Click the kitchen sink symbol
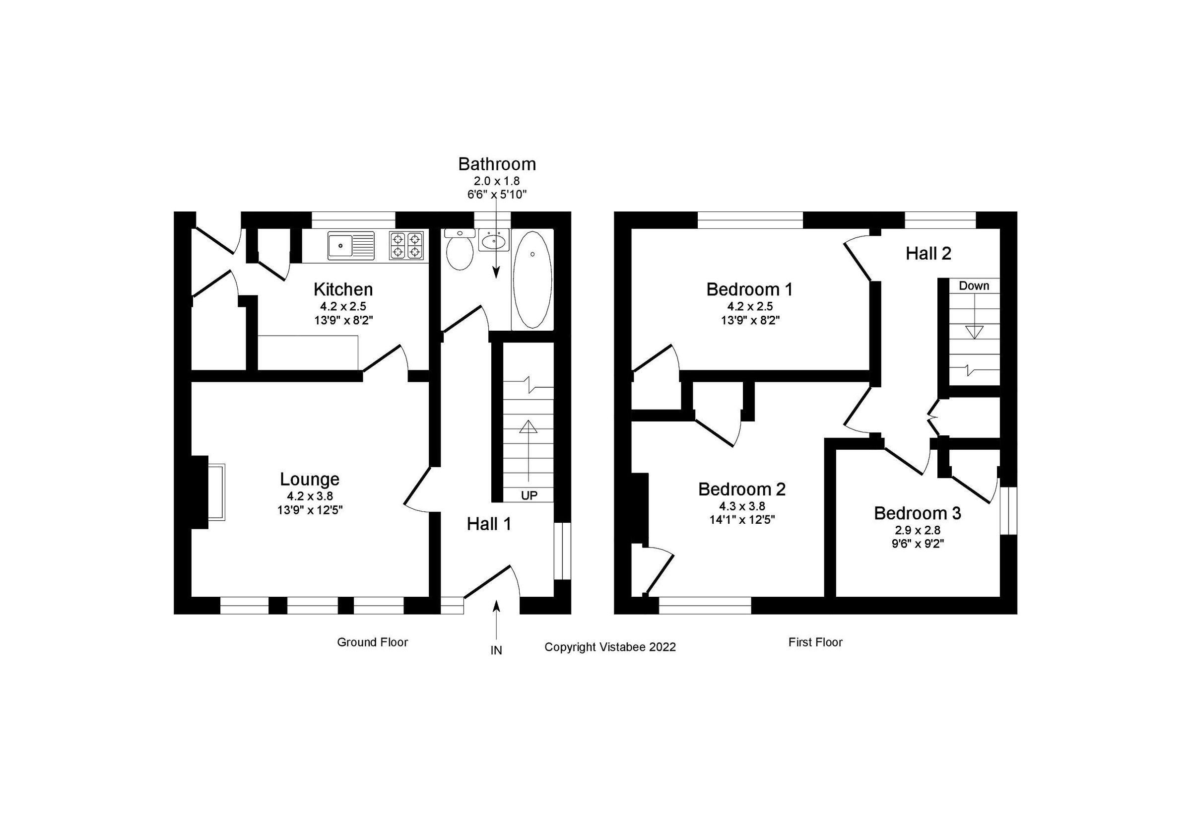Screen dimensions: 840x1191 point(351,245)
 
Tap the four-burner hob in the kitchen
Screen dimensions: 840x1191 point(407,245)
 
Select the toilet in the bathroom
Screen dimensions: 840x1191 point(459,252)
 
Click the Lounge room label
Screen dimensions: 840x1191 point(310,479)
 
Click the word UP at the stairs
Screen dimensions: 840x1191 point(529,495)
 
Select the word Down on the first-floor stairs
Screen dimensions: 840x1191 point(974,286)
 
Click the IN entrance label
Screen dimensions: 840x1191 point(496,650)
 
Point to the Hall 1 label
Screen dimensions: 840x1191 point(489,524)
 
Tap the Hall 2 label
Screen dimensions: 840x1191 point(928,254)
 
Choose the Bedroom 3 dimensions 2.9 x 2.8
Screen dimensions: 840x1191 point(917,530)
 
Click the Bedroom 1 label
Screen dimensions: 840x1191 point(749,289)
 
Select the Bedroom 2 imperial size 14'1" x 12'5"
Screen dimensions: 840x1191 point(742,519)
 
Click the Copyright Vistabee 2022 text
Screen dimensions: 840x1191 point(610,647)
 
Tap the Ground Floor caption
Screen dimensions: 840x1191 point(373,642)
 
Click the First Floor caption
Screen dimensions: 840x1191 point(815,642)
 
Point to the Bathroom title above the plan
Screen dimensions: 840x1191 point(497,164)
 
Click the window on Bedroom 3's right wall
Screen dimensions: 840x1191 point(1008,510)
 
